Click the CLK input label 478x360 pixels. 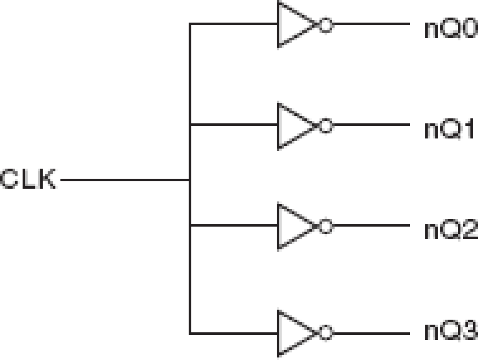[x=28, y=179]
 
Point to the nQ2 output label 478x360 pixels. [x=451, y=230]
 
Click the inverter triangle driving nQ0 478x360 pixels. [x=293, y=24]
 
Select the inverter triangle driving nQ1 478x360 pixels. [x=293, y=126]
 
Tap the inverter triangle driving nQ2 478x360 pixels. [x=293, y=226]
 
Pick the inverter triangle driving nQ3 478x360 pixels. [x=293, y=334]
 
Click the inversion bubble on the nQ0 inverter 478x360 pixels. [x=325, y=25]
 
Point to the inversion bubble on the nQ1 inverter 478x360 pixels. [x=325, y=126]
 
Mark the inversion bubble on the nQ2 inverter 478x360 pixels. [x=325, y=226]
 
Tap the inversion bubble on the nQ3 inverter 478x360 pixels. [x=325, y=334]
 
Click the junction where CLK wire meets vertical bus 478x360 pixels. [x=190, y=179]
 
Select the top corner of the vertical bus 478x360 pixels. [x=190, y=24]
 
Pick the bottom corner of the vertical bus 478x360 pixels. [x=190, y=334]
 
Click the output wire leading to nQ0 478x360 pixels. [x=371, y=24]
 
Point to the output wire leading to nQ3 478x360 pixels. [x=371, y=334]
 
